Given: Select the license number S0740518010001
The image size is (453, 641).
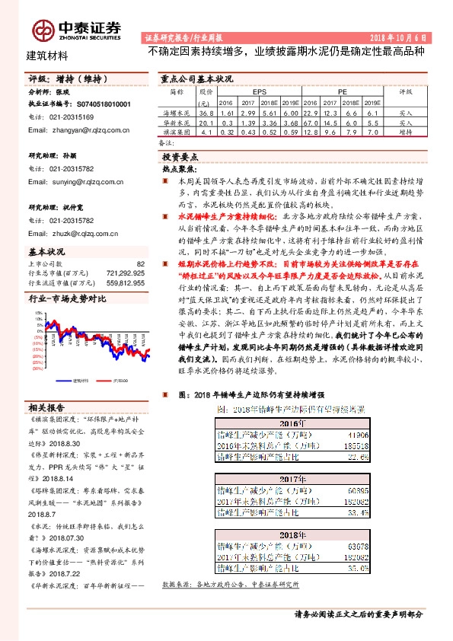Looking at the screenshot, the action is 101,103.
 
